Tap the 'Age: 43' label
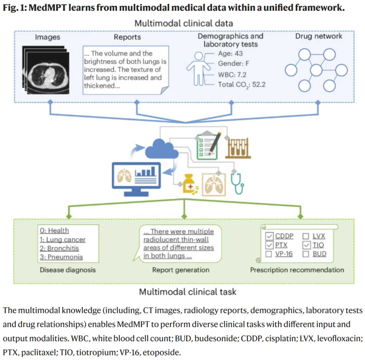point(230,54)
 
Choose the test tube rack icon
point(238,148)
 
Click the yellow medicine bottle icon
point(190,185)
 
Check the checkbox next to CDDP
point(270,236)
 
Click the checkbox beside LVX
point(306,236)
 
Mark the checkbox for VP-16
point(270,254)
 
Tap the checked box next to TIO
point(306,245)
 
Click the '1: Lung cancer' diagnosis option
point(63,240)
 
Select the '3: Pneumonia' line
point(61,257)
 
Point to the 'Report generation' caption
point(181,270)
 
